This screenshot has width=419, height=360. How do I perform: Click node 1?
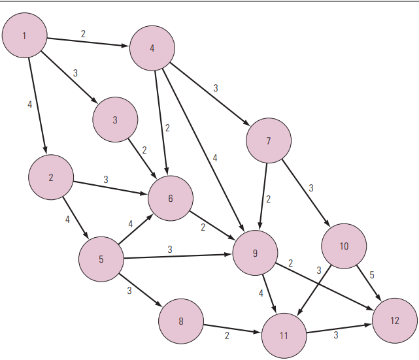pyautogui.click(x=25, y=35)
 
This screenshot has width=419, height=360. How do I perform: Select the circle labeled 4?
pyautogui.click(x=152, y=48)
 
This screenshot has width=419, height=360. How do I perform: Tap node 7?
pyautogui.click(x=269, y=140)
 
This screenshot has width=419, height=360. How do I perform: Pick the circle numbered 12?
pyautogui.click(x=395, y=321)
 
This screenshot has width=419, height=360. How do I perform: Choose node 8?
pyautogui.click(x=181, y=321)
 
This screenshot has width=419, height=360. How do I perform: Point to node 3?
pyautogui.click(x=115, y=120)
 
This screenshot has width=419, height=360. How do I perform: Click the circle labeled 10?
pyautogui.click(x=344, y=246)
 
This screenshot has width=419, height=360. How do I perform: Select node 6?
pyautogui.click(x=171, y=198)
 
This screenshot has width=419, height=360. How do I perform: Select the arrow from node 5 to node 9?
pyautogui.click(x=177, y=256)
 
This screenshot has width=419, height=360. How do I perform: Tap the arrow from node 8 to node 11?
pyautogui.click(x=232, y=329)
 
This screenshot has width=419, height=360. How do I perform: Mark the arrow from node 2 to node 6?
pyautogui.click(x=110, y=188)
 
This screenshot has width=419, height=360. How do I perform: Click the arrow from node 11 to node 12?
pyautogui.click(x=339, y=329)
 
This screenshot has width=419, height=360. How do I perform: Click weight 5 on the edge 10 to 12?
pyautogui.click(x=372, y=275)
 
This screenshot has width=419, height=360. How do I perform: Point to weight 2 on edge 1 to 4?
pyautogui.click(x=83, y=34)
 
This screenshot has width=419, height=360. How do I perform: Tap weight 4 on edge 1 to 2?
pyautogui.click(x=29, y=105)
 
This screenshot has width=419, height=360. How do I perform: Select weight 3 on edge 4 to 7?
pyautogui.click(x=215, y=88)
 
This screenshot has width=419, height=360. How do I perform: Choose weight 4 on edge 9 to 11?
pyautogui.click(x=261, y=293)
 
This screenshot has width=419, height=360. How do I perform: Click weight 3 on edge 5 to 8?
pyautogui.click(x=129, y=290)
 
